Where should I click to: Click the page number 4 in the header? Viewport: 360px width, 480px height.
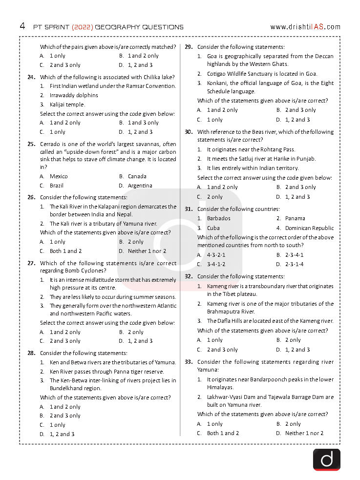(22, 26)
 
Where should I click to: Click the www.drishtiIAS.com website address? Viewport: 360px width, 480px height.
(305, 27)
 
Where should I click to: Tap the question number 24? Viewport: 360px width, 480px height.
(31, 77)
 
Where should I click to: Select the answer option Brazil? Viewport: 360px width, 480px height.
(57, 186)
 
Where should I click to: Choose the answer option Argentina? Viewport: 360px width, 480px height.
(140, 186)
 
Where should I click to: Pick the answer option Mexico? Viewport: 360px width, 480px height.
(59, 176)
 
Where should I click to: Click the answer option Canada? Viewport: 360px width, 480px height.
(137, 176)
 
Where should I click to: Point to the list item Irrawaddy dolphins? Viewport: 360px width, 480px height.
(74, 95)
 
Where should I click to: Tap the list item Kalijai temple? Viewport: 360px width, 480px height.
(67, 104)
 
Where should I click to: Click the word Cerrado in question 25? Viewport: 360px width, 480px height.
(51, 144)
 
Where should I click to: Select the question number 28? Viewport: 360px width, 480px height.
(31, 353)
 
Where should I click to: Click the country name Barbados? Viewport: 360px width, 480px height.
(218, 218)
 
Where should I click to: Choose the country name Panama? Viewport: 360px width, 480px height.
(295, 218)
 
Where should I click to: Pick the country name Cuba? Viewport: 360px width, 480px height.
(213, 228)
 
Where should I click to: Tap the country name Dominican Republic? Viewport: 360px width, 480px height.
(309, 228)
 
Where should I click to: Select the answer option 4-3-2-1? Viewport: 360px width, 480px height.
(216, 255)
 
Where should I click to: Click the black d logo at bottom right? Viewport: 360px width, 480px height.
(326, 459)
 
